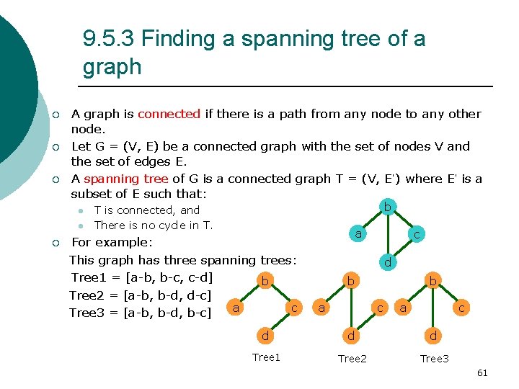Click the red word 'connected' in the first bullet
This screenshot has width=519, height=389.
coord(169,114)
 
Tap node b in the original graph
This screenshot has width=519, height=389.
coord(388,207)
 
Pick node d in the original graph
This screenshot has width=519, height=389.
coord(388,262)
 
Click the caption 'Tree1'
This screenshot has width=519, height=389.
coord(266,358)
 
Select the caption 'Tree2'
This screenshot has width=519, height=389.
coord(352,359)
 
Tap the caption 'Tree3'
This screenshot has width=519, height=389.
coord(434,359)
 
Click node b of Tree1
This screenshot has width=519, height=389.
coord(265,280)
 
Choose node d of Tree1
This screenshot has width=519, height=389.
coord(265,335)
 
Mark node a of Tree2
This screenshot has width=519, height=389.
coord(321,308)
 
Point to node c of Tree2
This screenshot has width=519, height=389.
coord(379,308)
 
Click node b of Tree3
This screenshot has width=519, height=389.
coord(432,280)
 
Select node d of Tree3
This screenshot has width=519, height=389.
coord(432,335)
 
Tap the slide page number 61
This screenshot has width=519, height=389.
coord(482,372)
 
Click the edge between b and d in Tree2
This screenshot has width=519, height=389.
coord(350,308)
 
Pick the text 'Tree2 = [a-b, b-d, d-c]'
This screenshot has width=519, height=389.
coord(140,295)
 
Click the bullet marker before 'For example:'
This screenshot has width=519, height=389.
coord(56,243)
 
